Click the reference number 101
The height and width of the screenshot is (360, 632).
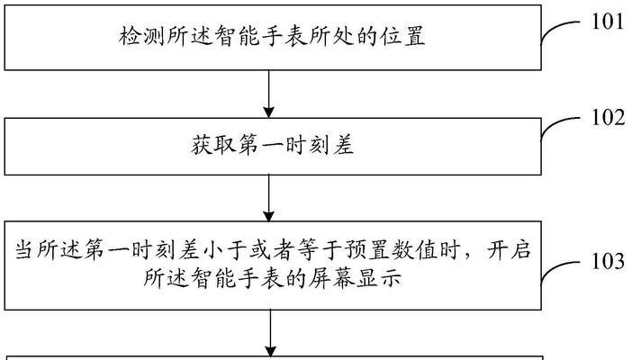click(608, 22)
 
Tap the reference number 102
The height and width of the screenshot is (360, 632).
click(608, 118)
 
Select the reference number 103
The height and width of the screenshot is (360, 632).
click(608, 261)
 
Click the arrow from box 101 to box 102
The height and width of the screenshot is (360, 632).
click(269, 94)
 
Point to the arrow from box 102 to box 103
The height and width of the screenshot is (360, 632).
click(269, 198)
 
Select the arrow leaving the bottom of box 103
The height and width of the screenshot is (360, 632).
click(270, 333)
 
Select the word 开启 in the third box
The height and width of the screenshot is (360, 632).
click(509, 250)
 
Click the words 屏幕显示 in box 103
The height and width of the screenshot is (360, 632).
click(355, 278)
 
